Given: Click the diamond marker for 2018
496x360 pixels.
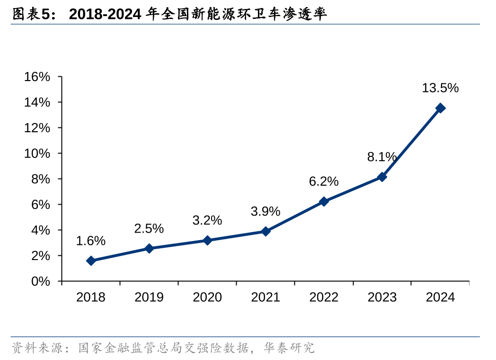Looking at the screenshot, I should coord(91,261).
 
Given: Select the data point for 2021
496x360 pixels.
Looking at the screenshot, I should coord(266,231).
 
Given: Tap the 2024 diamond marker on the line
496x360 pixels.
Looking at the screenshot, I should coord(440,108).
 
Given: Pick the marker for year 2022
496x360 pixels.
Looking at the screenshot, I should coord(324,201).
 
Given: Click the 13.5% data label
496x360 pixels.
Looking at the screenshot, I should coord(440,88).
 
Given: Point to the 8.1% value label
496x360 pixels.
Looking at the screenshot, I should coord(381,157).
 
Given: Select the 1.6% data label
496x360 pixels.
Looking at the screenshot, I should coord(90,241).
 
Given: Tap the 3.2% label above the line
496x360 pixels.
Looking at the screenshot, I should coord(207,220).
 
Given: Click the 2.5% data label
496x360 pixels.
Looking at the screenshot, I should coord(149,228).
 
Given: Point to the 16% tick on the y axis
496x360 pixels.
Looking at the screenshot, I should coord(37,77).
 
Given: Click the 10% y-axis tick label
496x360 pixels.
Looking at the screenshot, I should coord(37,153).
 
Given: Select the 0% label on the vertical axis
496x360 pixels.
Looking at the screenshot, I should coord(40,281).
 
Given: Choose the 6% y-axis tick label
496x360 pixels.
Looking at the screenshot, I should coord(40,205).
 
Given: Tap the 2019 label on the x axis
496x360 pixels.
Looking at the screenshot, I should coord(149,297).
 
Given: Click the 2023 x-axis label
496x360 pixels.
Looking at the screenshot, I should coord(382,297).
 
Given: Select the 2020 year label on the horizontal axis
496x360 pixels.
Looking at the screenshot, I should coord(207,297).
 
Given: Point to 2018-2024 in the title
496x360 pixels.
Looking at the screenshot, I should coord(105,14).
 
